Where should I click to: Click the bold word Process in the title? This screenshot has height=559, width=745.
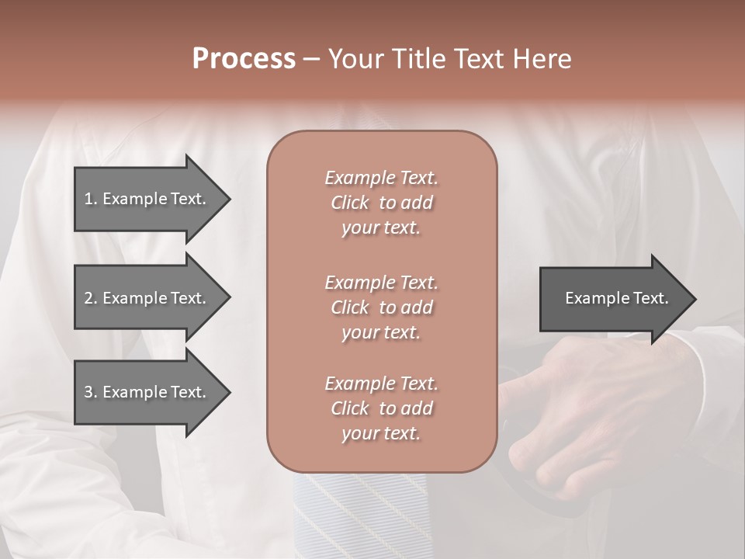(244, 59)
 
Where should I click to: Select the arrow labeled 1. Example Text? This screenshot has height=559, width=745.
(145, 199)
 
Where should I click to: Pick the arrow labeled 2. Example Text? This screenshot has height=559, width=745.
(145, 298)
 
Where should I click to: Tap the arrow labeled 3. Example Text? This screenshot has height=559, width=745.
(145, 392)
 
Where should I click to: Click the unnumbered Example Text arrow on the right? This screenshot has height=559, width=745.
(616, 299)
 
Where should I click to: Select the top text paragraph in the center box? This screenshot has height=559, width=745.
(381, 203)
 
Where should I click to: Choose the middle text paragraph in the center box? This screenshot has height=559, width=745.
(381, 307)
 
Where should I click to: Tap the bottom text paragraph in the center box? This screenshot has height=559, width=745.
(381, 408)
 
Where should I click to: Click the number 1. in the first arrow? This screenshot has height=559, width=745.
(91, 199)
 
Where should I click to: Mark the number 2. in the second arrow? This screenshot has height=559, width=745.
(91, 298)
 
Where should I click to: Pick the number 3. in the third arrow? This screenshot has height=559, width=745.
(91, 392)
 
